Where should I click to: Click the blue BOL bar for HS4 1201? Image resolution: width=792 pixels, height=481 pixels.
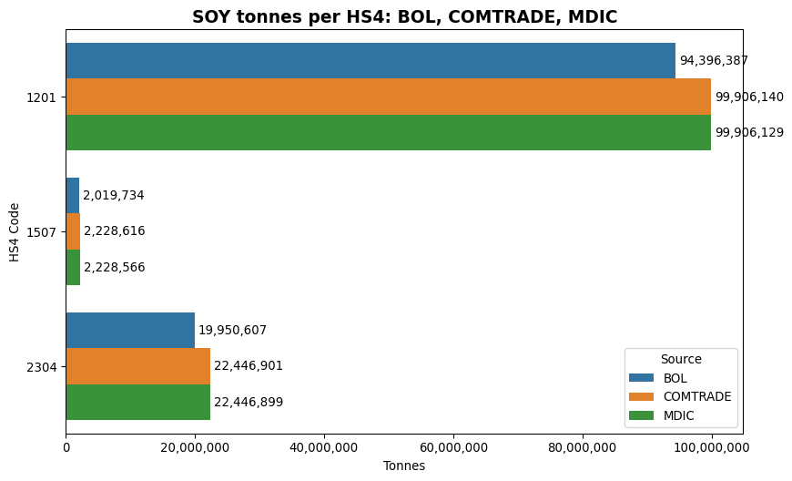[x=370, y=60]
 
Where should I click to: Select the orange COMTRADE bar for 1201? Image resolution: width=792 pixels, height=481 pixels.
[x=388, y=97]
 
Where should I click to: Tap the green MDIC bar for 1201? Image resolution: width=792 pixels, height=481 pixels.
[x=388, y=132]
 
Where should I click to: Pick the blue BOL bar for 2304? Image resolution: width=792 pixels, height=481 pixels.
[x=130, y=330]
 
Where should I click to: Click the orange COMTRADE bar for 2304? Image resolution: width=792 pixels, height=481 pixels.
[x=137, y=366]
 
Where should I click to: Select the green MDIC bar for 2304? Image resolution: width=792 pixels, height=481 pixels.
[x=137, y=402]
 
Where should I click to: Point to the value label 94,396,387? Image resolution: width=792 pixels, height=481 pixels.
[x=714, y=61]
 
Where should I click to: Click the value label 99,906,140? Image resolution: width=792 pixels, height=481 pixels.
[x=749, y=97]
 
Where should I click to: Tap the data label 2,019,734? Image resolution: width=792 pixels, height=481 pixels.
[x=114, y=196]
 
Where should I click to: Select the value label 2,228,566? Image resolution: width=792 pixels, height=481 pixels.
[x=115, y=268]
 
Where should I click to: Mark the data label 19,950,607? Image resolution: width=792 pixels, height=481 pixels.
[x=232, y=331]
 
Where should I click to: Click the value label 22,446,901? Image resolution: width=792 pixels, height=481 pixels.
[x=249, y=366]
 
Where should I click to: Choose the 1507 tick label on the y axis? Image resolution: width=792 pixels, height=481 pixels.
[x=43, y=231]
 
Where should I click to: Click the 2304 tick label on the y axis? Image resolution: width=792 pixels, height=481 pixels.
[x=43, y=366]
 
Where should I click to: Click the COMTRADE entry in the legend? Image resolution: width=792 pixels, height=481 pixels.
[x=697, y=396]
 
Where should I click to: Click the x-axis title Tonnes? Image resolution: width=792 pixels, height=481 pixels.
[x=404, y=466]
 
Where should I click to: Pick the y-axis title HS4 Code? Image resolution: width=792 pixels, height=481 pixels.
[x=15, y=231]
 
